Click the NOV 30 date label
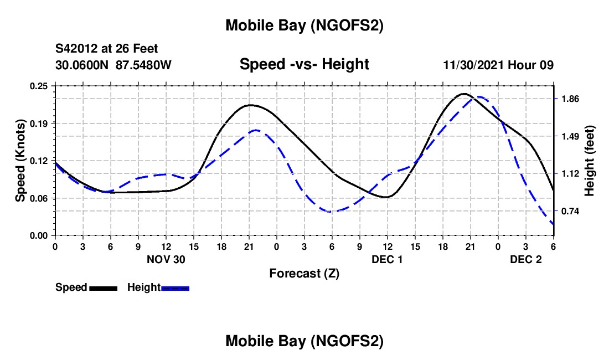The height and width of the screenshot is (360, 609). [165, 259]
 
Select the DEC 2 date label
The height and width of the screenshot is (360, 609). [525, 259]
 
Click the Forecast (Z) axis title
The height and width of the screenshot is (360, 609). [304, 273]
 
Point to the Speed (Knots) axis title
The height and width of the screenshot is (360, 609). [20, 161]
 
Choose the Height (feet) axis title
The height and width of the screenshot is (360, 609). [590, 161]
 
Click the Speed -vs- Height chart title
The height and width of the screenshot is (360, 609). [304, 64]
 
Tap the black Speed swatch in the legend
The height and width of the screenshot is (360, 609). [102, 287]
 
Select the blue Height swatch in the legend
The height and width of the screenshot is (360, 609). [175, 287]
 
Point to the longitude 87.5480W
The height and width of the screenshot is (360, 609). [144, 65]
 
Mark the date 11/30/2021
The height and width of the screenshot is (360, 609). [473, 65]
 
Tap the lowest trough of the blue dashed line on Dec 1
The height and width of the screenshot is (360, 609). [331, 212]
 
